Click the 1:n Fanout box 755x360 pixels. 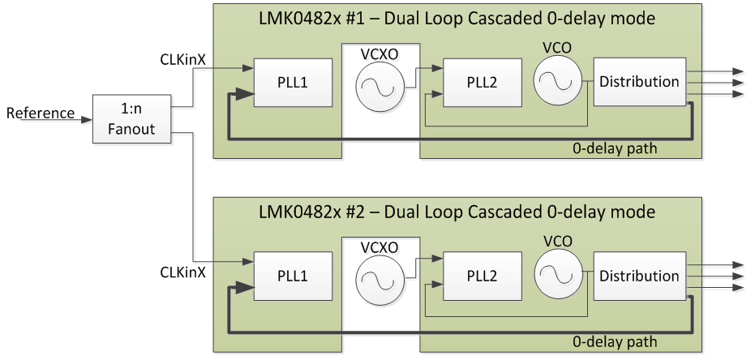(132, 118)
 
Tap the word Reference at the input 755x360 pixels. (41, 113)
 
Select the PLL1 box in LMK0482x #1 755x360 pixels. (293, 82)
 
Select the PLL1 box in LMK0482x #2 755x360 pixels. (293, 276)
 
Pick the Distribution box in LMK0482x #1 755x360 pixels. (639, 82)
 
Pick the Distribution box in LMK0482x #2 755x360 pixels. (639, 276)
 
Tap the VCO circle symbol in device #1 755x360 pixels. (558, 82)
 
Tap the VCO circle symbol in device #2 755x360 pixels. (558, 276)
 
